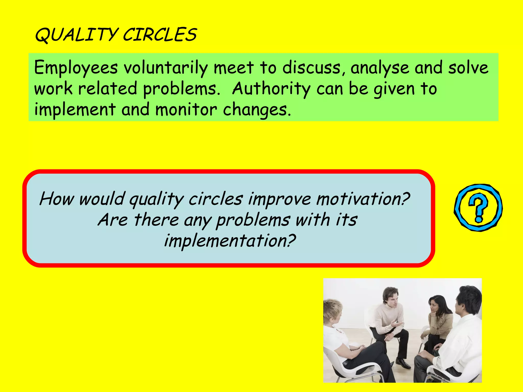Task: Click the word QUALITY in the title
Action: coord(76,35)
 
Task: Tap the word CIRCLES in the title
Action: coord(160,35)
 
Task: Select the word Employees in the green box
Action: coord(76,68)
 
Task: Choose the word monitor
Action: coord(186,110)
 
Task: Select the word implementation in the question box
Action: coord(230,241)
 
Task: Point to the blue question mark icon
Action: coord(478,208)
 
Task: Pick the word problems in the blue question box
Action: coord(253,220)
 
